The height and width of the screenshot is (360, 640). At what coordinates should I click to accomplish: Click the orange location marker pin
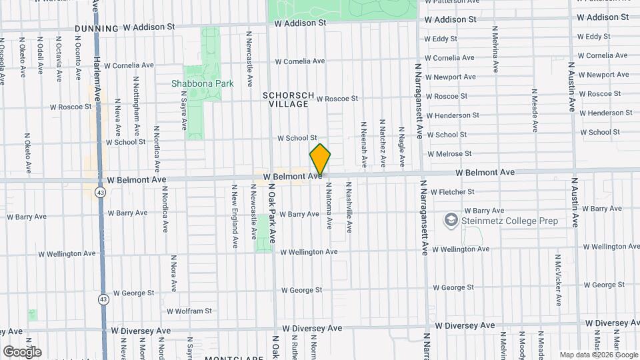coord(320,160)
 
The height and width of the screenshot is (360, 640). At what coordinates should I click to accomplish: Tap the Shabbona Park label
coord(202,84)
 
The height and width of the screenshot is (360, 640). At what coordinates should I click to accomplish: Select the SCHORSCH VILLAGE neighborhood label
coord(285,100)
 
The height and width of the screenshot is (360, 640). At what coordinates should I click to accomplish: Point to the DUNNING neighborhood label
coord(97,29)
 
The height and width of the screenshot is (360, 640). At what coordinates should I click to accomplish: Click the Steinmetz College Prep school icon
coord(451,221)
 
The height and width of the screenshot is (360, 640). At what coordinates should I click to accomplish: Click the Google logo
coord(22,351)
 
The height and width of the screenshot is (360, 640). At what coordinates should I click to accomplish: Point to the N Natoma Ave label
coord(329,209)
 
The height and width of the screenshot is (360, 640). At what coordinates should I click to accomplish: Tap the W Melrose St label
coord(449,153)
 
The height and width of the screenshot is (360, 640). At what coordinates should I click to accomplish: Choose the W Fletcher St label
coord(452,192)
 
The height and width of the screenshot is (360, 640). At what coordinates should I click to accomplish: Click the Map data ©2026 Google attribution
coord(598,355)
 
